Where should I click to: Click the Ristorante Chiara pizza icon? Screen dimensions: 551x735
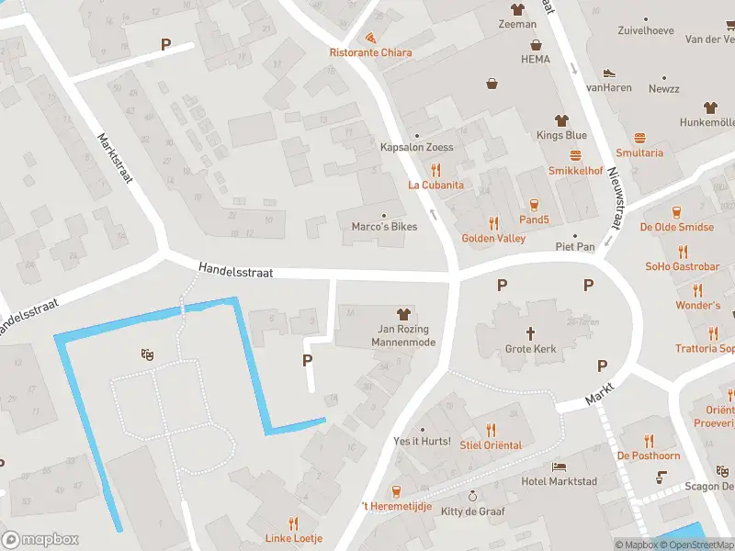370,39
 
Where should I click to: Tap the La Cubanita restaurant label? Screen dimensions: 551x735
435,185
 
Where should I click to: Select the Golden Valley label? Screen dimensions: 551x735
493,238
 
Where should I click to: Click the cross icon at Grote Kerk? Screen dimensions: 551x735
530,332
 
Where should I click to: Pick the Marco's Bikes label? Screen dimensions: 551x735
384,227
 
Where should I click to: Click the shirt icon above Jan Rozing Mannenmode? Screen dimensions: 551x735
401,314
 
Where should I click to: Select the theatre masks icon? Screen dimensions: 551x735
145,354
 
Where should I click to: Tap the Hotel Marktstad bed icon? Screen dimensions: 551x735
559,467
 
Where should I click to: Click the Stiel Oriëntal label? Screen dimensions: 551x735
491,445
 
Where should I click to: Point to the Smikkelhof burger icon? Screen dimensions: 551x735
576,155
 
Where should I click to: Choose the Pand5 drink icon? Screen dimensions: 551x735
534,204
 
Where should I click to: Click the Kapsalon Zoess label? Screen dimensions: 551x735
417,147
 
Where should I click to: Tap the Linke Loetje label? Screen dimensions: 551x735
294,538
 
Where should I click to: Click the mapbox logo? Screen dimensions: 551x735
40,540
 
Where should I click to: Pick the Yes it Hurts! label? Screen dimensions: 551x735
422,442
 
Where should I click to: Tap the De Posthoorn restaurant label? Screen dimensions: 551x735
649,455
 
